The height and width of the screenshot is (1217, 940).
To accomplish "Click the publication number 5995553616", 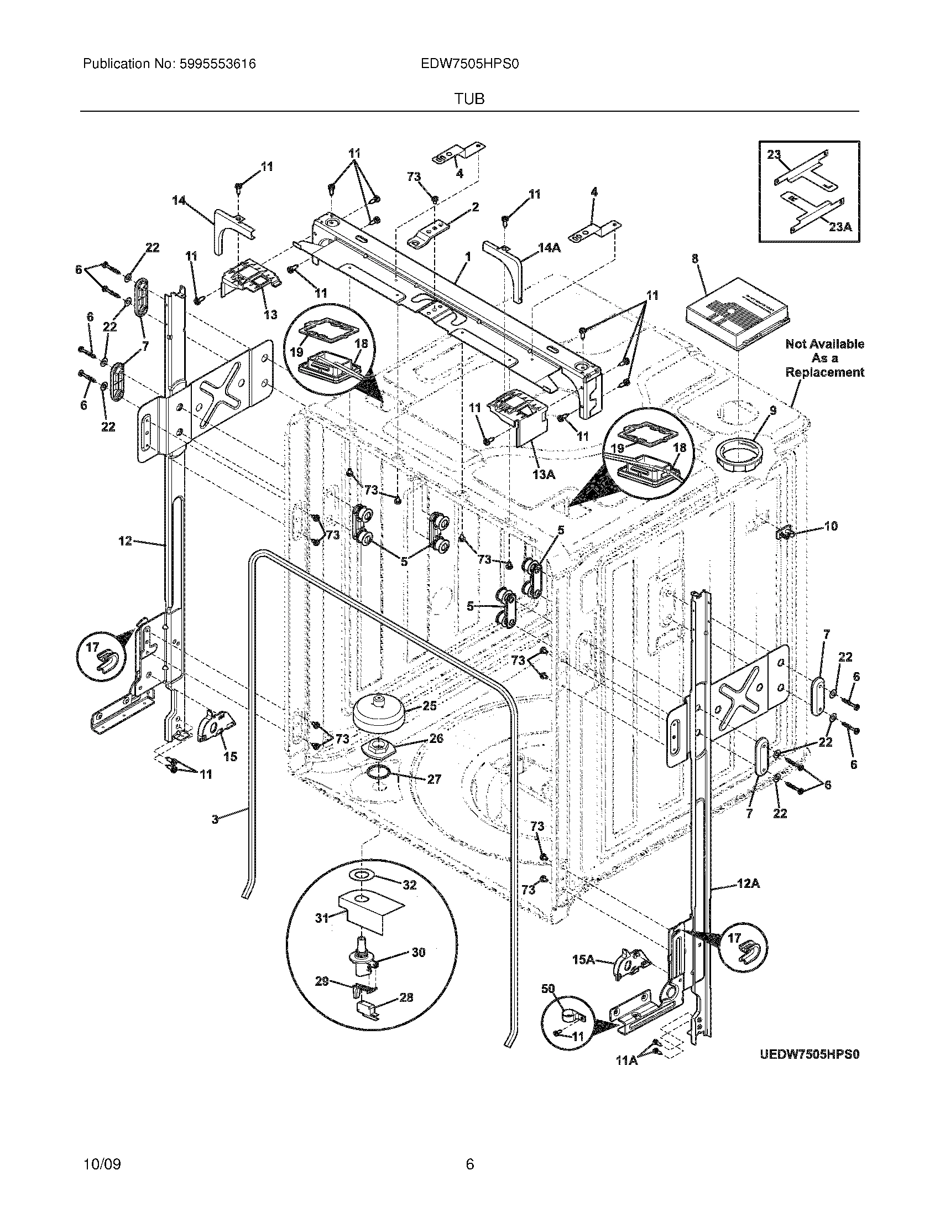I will click(217, 64).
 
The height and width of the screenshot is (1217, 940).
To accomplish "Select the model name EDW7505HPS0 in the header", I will click(470, 64).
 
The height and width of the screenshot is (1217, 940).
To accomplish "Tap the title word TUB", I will click(469, 99).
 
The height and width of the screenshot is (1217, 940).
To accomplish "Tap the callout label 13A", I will click(544, 474).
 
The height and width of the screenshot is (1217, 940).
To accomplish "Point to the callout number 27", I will click(435, 779).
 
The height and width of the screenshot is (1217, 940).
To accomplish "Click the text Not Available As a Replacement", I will click(824, 358).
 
